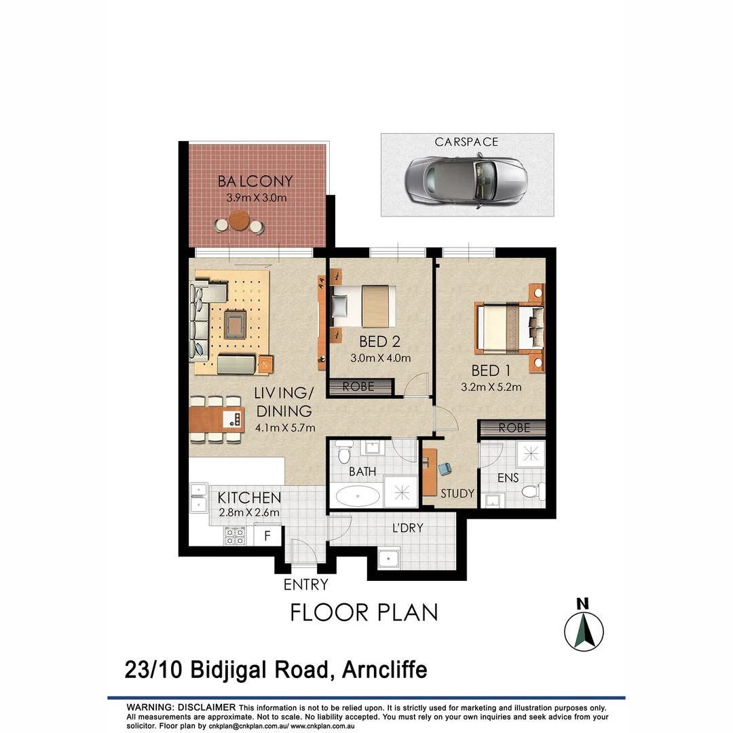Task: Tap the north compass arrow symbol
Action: [x=584, y=631]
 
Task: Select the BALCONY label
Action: [x=255, y=182]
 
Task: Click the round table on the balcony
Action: [x=239, y=221]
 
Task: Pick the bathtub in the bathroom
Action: [x=356, y=496]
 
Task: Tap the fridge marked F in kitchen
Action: [x=267, y=535]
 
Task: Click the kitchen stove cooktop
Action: [x=233, y=537]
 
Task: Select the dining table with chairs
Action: [x=216, y=419]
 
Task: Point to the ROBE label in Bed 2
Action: [x=359, y=388]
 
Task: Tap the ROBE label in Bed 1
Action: [x=514, y=429]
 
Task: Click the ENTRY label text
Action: [x=305, y=584]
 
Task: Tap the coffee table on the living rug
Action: [x=235, y=323]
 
